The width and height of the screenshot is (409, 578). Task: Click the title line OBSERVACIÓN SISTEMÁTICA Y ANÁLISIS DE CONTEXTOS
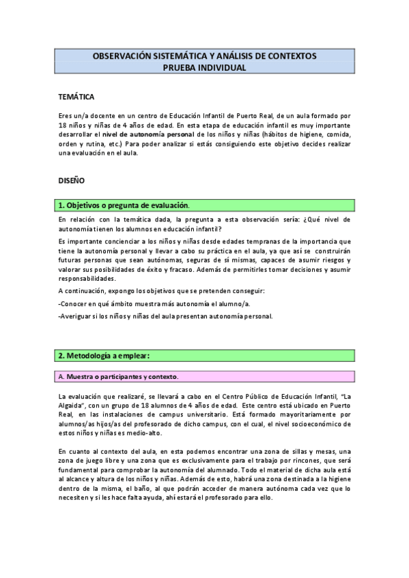(203, 56)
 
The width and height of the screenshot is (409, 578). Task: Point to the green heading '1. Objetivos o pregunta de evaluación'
(124, 205)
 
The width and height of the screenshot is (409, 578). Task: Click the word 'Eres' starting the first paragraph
(65, 115)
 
